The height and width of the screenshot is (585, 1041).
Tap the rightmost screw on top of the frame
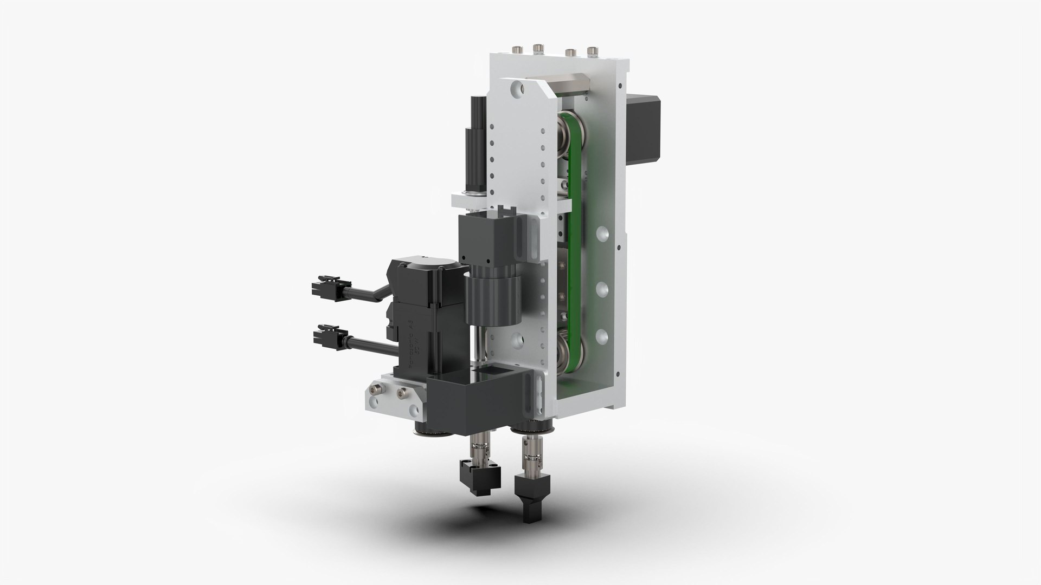point(592,52)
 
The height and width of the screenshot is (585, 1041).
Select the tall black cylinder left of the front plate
point(477,141)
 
